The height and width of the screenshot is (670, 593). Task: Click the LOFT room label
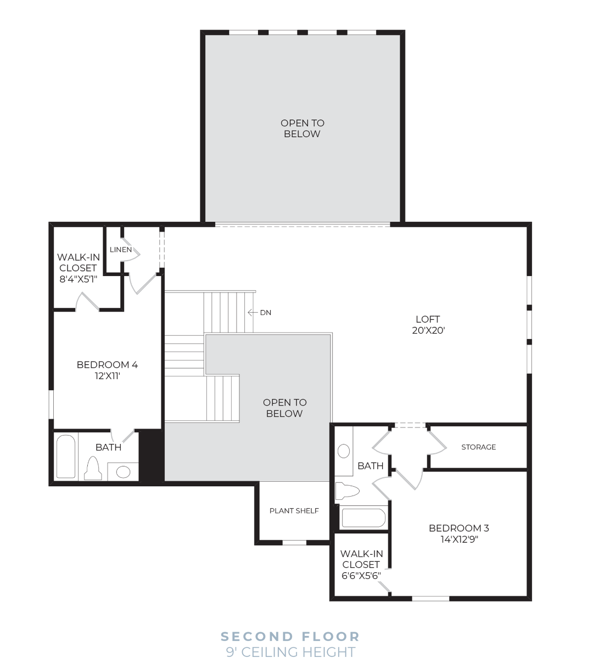[428, 319]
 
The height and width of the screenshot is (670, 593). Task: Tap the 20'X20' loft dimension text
[428, 330]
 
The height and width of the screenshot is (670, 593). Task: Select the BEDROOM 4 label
[107, 365]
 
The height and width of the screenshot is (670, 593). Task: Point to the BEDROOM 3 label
[458, 528]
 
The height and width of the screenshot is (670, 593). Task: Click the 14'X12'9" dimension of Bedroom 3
[460, 539]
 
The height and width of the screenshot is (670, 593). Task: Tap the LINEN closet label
[121, 250]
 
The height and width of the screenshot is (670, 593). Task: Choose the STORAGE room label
[478, 447]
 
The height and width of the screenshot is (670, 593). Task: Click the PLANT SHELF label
[294, 511]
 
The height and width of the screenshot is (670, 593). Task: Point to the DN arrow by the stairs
[253, 312]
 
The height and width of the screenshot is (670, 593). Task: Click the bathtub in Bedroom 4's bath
[66, 457]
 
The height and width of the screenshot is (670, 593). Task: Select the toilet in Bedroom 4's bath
[93, 468]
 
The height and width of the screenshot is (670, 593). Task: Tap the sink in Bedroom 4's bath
[123, 471]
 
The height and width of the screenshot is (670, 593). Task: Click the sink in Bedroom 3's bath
[344, 451]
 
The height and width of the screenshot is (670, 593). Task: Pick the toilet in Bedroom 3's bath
[347, 491]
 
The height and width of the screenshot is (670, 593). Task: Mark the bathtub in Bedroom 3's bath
[363, 518]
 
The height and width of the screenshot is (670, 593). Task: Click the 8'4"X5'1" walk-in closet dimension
[78, 279]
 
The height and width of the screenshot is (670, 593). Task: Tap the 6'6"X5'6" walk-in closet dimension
[361, 576]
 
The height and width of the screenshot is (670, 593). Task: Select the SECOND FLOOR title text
[290, 637]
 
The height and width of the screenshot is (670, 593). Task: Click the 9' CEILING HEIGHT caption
[290, 652]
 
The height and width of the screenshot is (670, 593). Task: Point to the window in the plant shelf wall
[294, 542]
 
